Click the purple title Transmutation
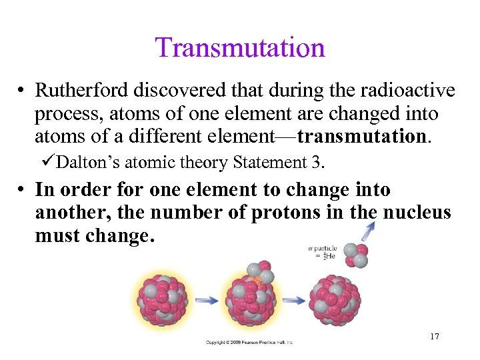coord(240,48)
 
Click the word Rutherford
coord(77,90)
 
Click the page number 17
coord(434,336)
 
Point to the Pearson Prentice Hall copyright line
coord(249,342)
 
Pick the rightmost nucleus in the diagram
coord(335,301)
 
